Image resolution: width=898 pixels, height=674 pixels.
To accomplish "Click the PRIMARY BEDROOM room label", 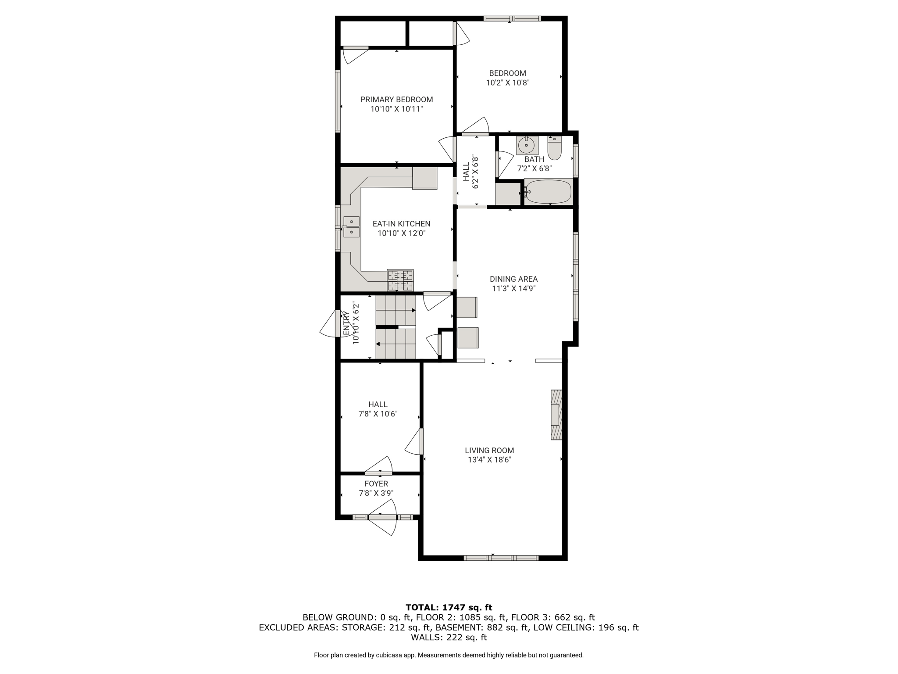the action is click(396, 100).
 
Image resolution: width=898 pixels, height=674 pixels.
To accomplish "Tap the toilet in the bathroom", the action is click(555, 148).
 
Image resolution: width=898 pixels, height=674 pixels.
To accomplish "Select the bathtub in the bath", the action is click(548, 192).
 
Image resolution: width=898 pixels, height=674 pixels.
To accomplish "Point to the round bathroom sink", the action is click(527, 145).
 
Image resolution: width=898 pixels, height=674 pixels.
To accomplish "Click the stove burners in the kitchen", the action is click(400, 280).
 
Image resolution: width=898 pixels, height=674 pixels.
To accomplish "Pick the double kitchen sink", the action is click(351, 227).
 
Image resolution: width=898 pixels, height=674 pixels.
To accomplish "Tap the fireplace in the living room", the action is click(556, 415).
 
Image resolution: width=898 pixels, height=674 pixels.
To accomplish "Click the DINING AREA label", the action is click(513, 279).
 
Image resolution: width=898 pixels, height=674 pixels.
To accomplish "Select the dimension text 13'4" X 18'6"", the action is click(489, 460).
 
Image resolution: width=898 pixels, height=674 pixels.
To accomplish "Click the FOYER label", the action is click(376, 484).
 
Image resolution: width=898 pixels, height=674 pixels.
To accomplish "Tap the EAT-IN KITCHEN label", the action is click(401, 224).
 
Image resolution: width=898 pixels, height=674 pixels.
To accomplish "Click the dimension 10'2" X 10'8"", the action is click(508, 82).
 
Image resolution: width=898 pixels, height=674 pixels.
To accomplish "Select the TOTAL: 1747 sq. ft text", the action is click(449, 607).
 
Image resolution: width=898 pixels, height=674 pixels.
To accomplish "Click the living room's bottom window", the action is click(501, 558).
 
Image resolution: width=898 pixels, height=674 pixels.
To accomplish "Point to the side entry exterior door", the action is click(332, 323).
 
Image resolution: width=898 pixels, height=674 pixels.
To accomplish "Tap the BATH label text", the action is click(534, 159).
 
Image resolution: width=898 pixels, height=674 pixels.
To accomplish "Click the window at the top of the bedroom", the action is click(512, 18).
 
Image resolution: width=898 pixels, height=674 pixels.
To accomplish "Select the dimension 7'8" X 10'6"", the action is click(378, 414).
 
